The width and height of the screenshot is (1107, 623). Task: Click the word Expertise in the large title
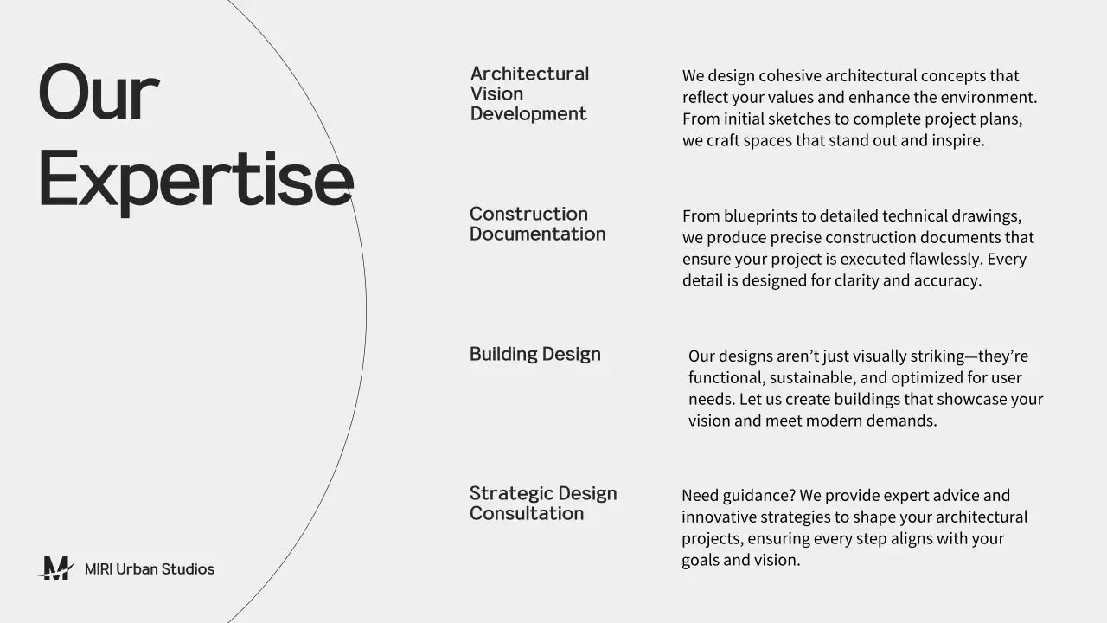coord(195,180)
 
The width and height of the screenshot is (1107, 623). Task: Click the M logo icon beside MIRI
coord(56,568)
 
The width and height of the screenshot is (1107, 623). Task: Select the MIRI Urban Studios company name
coord(150,569)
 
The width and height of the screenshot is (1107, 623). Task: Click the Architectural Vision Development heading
coord(529,93)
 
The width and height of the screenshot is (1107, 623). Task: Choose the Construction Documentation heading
coord(537,224)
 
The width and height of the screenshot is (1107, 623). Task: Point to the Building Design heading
coord(534,354)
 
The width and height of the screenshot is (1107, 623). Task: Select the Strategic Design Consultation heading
coord(543,504)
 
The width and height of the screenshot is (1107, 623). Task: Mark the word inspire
coord(957,141)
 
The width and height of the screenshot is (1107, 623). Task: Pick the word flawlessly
coord(945,260)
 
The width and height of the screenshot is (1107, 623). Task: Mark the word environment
coord(989,98)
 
